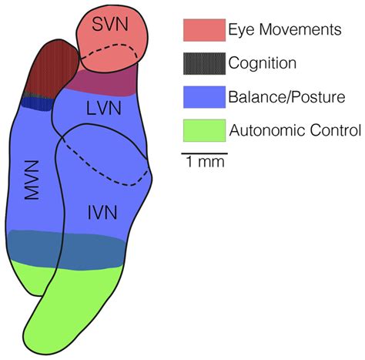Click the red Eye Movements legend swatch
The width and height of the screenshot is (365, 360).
coord(203,30)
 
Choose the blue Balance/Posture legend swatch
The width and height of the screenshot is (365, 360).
coord(203,96)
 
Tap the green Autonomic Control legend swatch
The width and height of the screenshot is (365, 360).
coord(203,130)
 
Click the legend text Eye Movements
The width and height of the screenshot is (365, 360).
coord(284,30)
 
